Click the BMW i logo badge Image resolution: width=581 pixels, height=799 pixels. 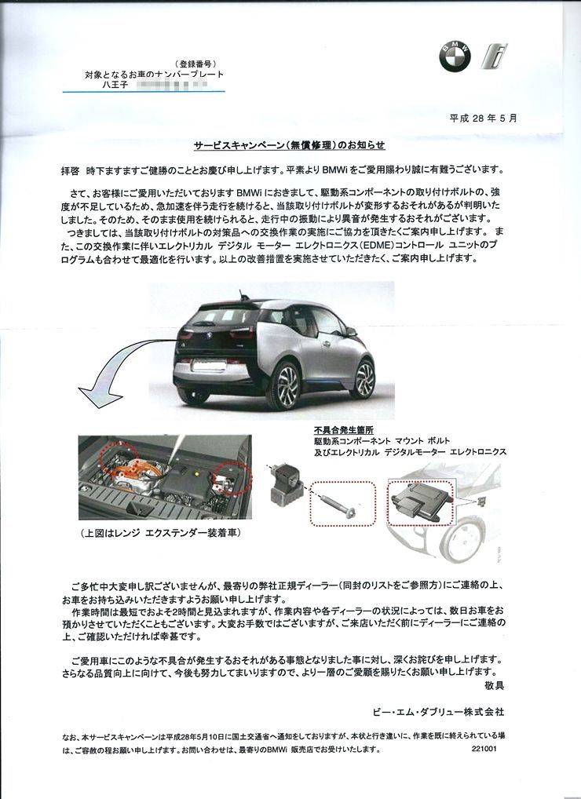click(496, 56)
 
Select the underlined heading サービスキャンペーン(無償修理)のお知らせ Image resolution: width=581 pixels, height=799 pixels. click(290, 146)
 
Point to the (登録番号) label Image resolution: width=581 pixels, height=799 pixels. click(195, 63)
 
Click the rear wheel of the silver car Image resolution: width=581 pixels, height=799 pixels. click(283, 385)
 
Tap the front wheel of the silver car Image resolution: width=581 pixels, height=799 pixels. click(364, 378)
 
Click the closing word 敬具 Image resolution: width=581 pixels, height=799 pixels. click(494, 686)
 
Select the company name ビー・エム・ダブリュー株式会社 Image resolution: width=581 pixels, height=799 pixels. click(439, 712)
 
